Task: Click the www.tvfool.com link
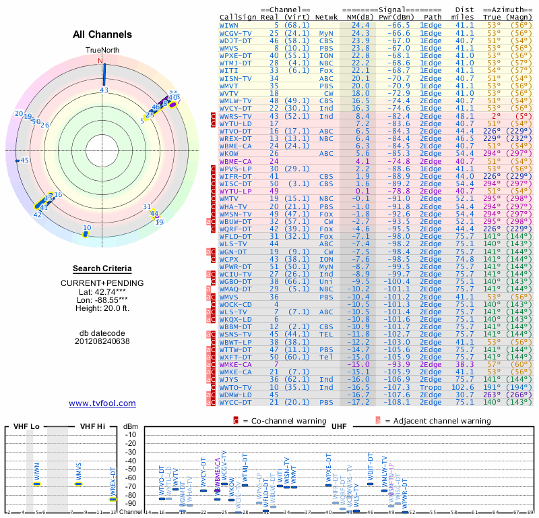102,403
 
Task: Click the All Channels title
102,34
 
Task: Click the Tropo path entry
431,388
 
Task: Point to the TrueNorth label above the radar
102,50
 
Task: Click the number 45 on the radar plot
25,161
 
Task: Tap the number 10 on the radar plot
87,228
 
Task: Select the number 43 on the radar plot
104,89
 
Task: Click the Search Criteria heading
102,268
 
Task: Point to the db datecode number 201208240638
102,341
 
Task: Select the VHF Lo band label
26,427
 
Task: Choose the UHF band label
338,427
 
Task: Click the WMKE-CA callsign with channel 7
235,364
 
